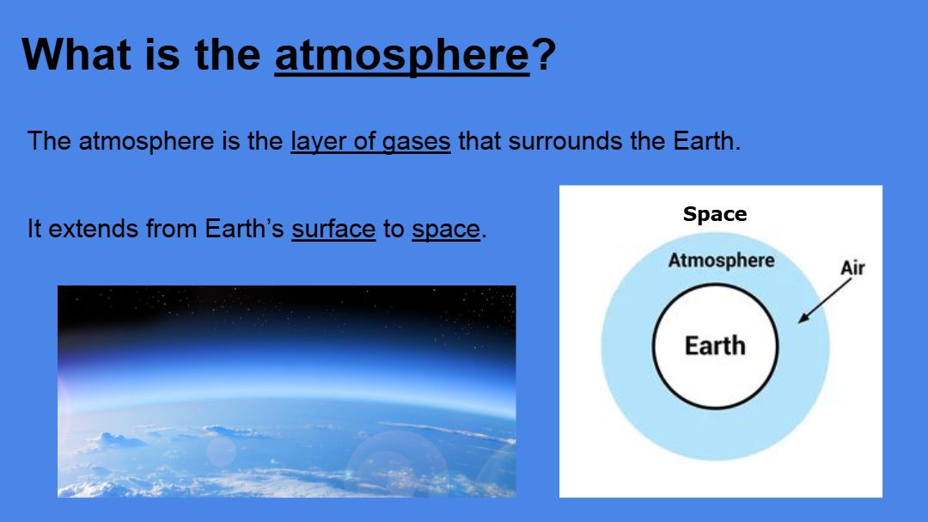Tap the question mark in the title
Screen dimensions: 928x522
point(544,54)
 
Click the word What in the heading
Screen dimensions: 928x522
point(75,54)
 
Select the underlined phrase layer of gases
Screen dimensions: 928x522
point(370,142)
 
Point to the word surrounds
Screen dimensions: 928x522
point(565,141)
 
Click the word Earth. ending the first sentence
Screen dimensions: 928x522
point(706,141)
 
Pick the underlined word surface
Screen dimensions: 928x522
point(333,230)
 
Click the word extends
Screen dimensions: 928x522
point(93,229)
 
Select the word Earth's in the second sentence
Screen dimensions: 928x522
point(244,229)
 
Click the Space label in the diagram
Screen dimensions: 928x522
point(715,214)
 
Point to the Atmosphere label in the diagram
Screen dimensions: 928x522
point(722,260)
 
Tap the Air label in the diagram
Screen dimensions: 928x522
point(853,267)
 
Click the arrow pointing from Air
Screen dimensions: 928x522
point(824,301)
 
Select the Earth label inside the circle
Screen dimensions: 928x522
point(715,346)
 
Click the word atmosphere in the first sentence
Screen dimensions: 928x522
point(146,142)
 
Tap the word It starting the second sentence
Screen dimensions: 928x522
point(34,229)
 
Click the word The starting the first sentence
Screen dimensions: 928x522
point(49,141)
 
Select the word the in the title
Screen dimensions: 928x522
point(227,54)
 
